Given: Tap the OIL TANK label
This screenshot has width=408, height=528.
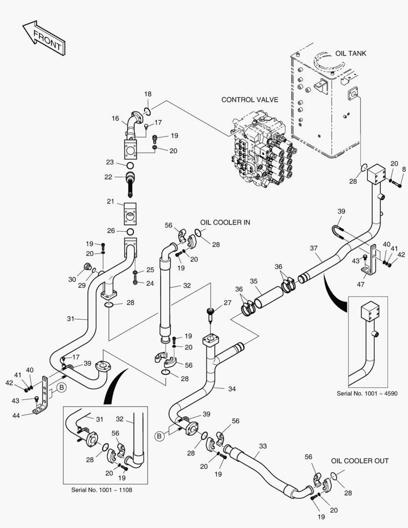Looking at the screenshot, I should click(350, 53).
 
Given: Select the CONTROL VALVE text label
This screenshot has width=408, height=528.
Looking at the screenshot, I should click(250, 100).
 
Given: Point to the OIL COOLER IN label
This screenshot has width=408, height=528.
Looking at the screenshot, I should click(225, 222).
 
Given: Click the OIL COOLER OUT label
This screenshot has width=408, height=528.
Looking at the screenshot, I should click(360, 461).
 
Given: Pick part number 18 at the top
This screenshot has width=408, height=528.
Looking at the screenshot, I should click(148, 94).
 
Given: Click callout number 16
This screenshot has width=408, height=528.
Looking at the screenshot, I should click(115, 118).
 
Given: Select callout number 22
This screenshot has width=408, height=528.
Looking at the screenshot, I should click(108, 176).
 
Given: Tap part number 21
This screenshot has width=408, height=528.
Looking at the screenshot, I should click(110, 201).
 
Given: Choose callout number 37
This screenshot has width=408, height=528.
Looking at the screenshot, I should click(314, 248).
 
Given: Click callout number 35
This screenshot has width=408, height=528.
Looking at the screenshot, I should click(254, 281).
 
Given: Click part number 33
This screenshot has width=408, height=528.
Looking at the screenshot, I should click(262, 446).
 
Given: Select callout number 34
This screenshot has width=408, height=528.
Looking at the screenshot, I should click(232, 389).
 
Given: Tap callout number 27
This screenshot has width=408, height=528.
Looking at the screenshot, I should click(227, 303).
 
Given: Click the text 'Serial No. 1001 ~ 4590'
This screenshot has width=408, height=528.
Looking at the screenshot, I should click(368, 393).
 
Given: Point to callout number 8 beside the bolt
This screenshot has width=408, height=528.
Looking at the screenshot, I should click(404, 170).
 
